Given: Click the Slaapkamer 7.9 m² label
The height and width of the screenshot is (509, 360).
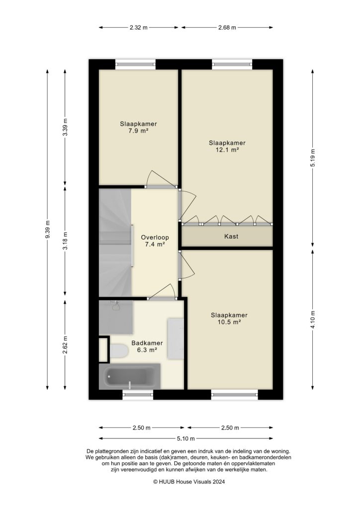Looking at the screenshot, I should [135, 128].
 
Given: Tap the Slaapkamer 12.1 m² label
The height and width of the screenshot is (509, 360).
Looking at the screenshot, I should [227, 146].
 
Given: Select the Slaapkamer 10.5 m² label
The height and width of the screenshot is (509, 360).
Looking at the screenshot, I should [229, 318].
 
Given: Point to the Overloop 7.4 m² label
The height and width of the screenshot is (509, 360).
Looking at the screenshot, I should [153, 241].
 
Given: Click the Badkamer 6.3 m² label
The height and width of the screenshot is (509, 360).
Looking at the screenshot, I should [147, 346].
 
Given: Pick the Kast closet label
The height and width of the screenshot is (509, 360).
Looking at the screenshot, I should [230, 237].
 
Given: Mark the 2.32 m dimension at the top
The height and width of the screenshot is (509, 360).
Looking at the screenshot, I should [138, 28].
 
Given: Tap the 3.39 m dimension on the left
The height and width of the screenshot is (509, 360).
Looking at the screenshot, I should [65, 128].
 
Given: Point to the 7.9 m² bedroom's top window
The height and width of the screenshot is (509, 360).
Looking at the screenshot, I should [135, 63].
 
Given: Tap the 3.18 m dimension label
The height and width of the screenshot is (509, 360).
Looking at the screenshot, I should [65, 241].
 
